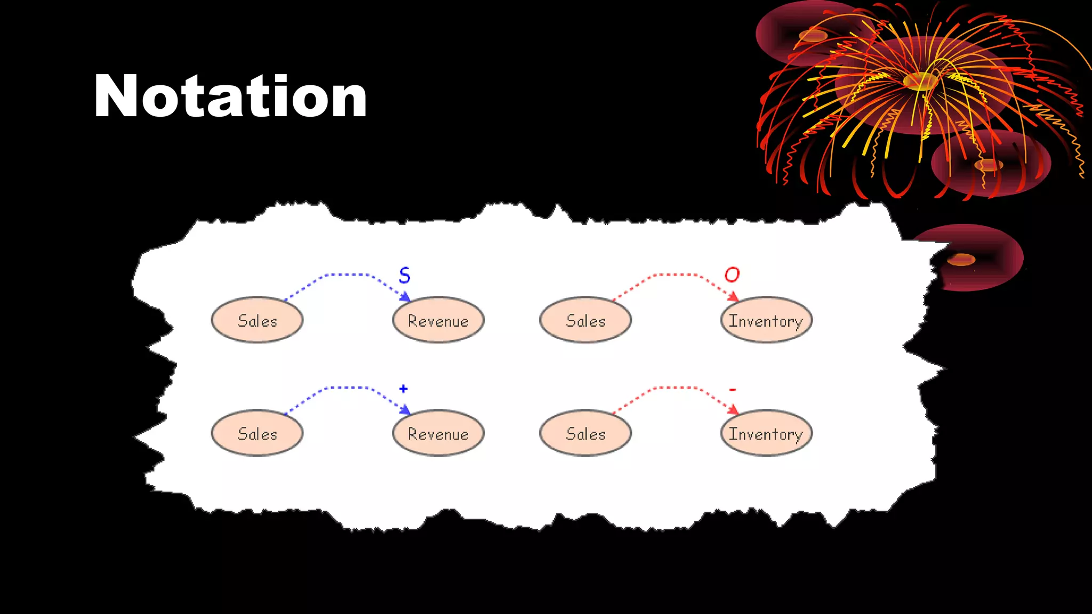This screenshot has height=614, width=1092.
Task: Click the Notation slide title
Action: [230, 96]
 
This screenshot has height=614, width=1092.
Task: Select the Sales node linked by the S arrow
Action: [257, 320]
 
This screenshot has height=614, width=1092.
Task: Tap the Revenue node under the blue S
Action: [438, 320]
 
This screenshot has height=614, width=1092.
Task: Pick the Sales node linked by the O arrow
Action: [585, 320]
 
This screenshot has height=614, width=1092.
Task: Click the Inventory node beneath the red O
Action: [766, 320]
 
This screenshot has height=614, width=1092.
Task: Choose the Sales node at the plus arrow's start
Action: [257, 433]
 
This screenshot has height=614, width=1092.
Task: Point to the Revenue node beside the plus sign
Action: [438, 433]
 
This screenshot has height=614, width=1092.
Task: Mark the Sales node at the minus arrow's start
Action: [585, 433]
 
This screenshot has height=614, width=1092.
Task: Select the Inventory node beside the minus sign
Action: [766, 433]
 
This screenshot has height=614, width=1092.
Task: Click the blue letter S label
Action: [405, 275]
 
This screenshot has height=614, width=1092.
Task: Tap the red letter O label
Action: [732, 274]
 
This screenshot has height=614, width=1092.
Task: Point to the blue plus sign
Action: [403, 389]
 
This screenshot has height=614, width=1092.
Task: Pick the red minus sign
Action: [733, 390]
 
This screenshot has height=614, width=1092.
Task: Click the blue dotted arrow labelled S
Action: [347, 274]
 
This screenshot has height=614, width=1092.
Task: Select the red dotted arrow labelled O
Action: [675, 274]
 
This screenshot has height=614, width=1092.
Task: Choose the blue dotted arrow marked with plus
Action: [347, 387]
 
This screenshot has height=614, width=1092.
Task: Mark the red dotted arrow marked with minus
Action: [675, 387]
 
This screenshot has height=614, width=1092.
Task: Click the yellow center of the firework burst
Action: [920, 81]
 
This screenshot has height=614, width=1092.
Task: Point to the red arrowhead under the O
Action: [733, 296]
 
